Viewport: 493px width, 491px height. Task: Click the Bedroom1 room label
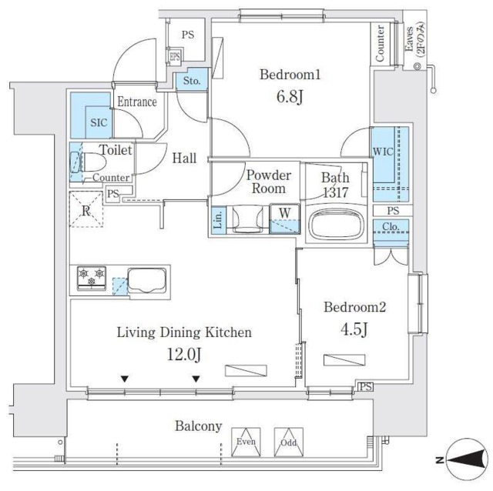pyautogui.click(x=289, y=75)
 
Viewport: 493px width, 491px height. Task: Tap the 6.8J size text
pyautogui.click(x=289, y=98)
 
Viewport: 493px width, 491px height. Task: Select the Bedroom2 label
pyautogui.click(x=354, y=308)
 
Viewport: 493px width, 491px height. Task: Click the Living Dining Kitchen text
pyautogui.click(x=185, y=333)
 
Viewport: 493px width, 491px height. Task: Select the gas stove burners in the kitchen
pyautogui.click(x=91, y=278)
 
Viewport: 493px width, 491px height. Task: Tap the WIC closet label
pyautogui.click(x=383, y=152)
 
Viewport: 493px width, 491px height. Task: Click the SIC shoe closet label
pyautogui.click(x=98, y=122)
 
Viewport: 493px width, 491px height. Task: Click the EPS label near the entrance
pyautogui.click(x=175, y=56)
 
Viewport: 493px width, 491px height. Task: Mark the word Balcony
pyautogui.click(x=198, y=426)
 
